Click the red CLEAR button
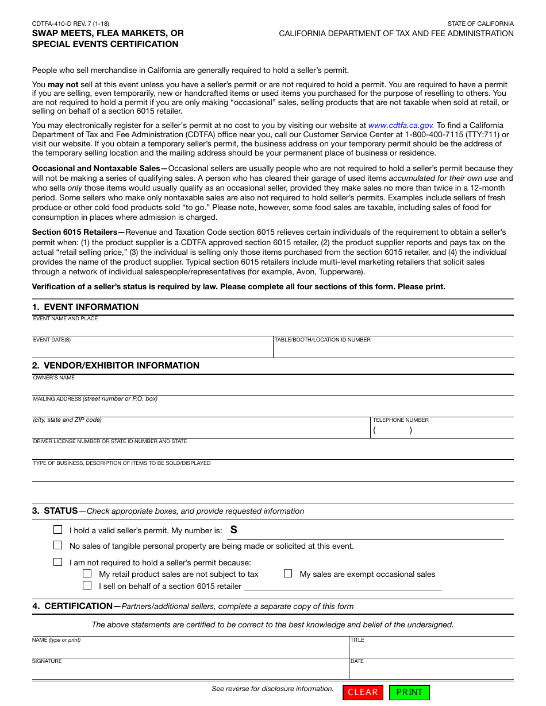click(x=363, y=692)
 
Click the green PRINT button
click(x=409, y=692)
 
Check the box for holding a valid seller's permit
click(x=58, y=530)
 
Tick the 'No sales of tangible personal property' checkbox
click(x=58, y=545)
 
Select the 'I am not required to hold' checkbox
click(x=58, y=562)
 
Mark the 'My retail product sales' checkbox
click(x=87, y=573)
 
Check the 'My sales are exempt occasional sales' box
click(x=288, y=573)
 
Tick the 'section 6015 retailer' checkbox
click(x=87, y=585)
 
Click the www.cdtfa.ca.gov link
click(x=401, y=125)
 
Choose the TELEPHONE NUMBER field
click(x=442, y=430)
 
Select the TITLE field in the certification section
click(x=431, y=649)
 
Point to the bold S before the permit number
click(x=234, y=530)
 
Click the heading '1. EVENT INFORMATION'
click(x=86, y=307)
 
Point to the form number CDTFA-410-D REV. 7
click(x=71, y=24)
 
